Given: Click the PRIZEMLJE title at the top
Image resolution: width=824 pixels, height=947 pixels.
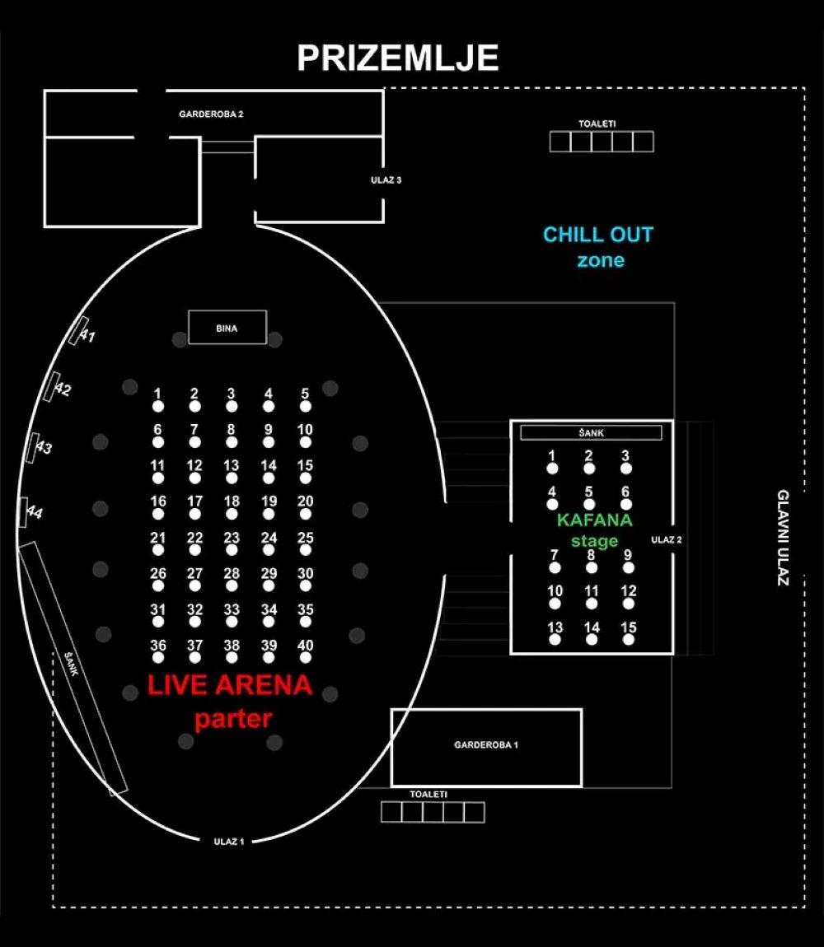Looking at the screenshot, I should click(397, 58).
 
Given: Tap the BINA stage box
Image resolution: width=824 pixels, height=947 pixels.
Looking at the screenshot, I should click(227, 328).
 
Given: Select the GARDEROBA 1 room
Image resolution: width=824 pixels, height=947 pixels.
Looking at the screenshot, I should click(486, 746).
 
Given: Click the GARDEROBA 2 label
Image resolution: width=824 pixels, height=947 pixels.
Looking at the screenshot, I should click(211, 114).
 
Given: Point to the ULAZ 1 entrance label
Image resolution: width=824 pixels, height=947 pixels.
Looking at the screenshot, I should click(229, 842).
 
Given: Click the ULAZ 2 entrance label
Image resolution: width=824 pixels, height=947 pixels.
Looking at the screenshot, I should click(667, 540).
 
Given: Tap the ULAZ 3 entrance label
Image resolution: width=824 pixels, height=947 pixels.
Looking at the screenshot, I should click(386, 180).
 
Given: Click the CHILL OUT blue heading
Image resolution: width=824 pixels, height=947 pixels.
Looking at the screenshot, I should click(597, 235).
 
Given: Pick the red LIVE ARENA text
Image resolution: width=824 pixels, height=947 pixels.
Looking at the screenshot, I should click(230, 685).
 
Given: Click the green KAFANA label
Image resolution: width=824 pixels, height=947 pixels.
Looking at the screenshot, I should click(594, 520).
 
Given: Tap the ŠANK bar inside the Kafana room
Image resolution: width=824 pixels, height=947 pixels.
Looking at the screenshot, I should click(591, 433).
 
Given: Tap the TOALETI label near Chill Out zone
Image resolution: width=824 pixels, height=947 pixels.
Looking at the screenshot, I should click(597, 124).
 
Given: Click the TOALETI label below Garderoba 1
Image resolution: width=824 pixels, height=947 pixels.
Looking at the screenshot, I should click(428, 795).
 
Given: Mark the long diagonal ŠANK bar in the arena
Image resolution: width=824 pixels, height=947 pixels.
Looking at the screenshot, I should click(73, 667).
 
